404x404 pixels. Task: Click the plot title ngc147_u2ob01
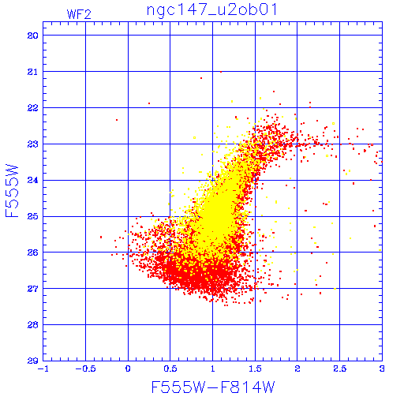(211, 10)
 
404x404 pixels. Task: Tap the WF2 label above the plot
(79, 14)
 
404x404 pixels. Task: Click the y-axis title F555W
(12, 191)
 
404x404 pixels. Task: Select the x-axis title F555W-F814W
(213, 387)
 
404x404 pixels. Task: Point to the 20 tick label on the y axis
(33, 36)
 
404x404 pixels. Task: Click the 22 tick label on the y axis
(33, 108)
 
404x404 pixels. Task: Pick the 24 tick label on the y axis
(33, 180)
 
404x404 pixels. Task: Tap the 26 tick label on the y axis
(33, 252)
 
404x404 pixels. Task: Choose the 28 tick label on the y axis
(33, 325)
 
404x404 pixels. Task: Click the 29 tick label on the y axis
(33, 361)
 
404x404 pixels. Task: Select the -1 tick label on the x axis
(43, 368)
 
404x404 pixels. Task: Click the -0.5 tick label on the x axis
(86, 368)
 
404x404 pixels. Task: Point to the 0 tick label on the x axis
(128, 368)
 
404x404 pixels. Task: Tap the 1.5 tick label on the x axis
(255, 368)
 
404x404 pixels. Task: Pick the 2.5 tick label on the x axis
(340, 368)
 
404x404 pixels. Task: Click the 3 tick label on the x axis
(382, 368)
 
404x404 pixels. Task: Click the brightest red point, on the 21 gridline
(221, 72)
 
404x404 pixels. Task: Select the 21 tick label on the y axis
(33, 72)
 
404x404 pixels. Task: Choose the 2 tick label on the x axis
(297, 368)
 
